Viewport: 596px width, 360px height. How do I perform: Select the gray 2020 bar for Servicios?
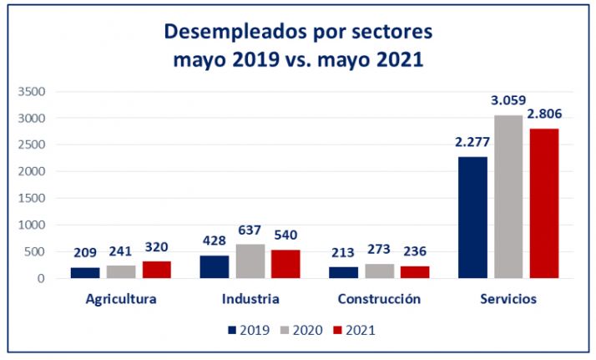pyautogui.click(x=508, y=196)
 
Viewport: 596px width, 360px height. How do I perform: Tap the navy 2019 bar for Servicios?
pyautogui.click(x=472, y=217)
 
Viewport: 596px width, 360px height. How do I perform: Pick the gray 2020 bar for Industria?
pyautogui.click(x=250, y=261)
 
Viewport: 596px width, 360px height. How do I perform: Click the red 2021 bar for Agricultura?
pyautogui.click(x=156, y=269)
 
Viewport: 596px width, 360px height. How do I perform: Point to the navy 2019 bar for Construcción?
pyautogui.click(x=344, y=272)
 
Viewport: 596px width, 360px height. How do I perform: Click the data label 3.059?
pyautogui.click(x=508, y=101)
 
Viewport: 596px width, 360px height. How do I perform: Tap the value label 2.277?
pyautogui.click(x=472, y=142)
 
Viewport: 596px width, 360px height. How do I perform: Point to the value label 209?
pyautogui.click(x=85, y=252)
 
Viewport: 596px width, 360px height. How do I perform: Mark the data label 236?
pyautogui.click(x=415, y=251)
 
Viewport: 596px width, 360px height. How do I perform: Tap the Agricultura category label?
pyautogui.click(x=121, y=299)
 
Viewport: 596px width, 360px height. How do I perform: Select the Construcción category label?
pyautogui.click(x=379, y=299)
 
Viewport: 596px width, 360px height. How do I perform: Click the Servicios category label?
pyautogui.click(x=508, y=299)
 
